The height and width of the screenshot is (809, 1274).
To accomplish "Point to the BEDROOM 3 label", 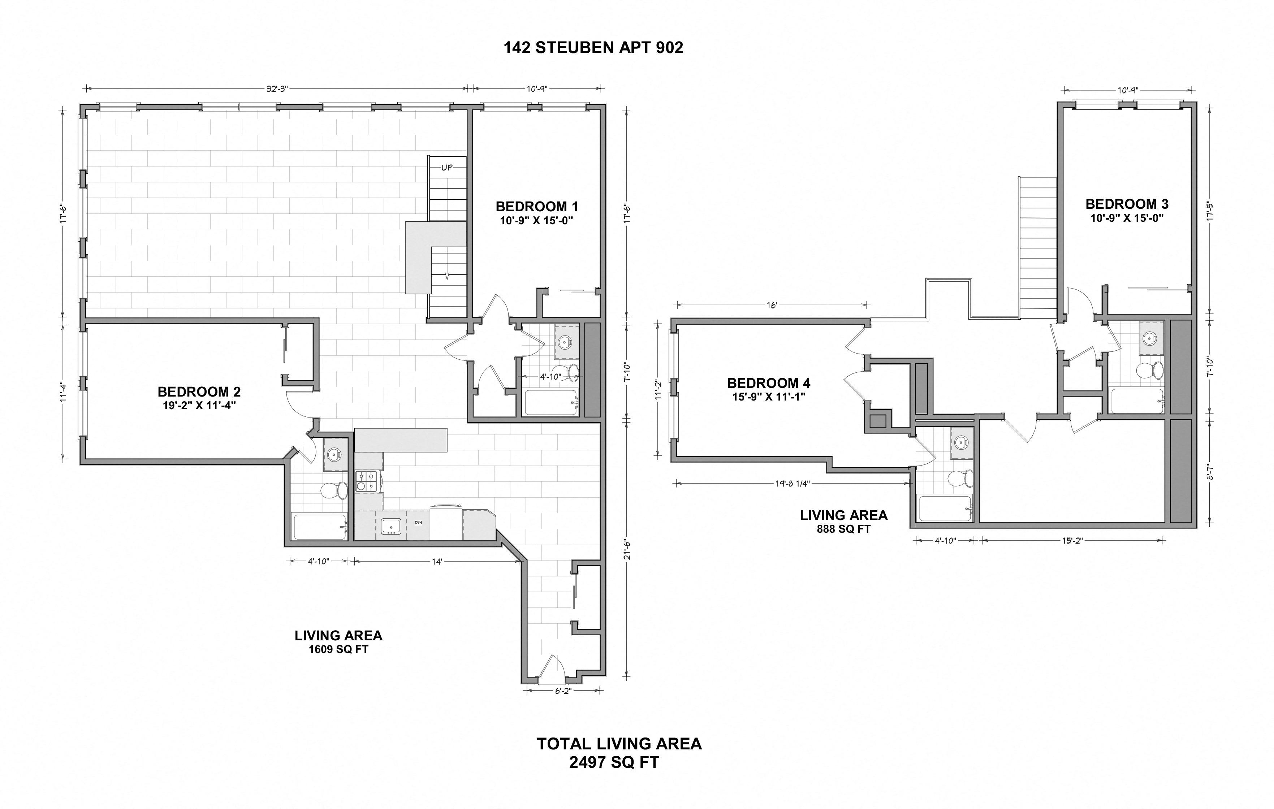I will click(1127, 204).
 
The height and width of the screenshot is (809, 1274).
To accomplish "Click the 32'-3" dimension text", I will click(277, 89).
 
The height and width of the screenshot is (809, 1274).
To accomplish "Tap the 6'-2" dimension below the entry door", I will click(563, 691).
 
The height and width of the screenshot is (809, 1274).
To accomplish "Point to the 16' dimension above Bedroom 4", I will click(772, 305).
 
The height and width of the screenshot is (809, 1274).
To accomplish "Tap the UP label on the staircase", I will click(447, 168).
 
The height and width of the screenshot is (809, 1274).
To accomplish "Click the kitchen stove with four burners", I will click(368, 481).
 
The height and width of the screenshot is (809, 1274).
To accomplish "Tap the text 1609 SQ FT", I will click(338, 649).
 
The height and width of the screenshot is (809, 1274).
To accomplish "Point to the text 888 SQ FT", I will click(843, 529).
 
